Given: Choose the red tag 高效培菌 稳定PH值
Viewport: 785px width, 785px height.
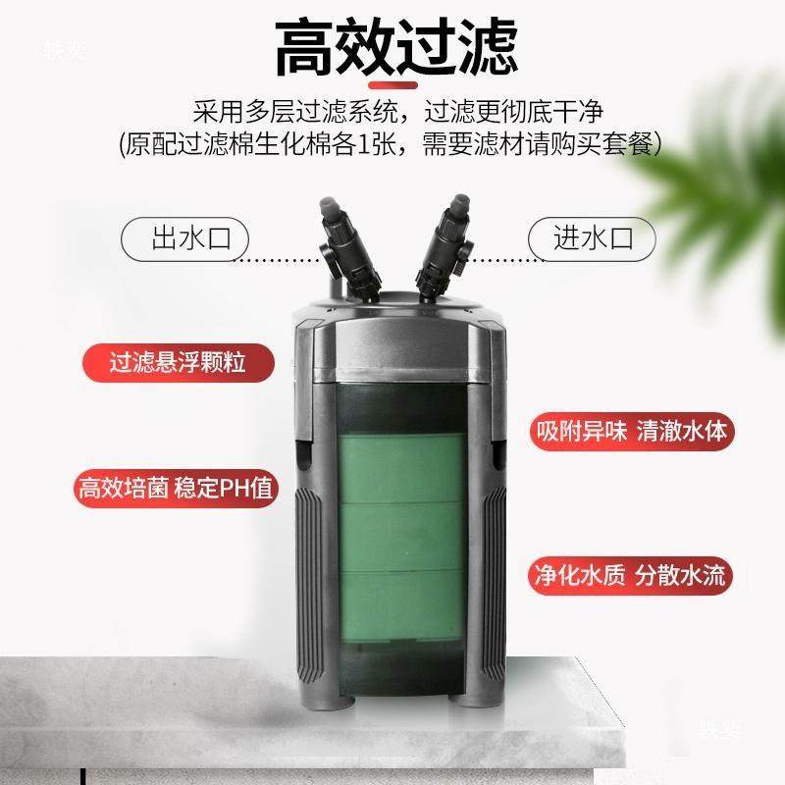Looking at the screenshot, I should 178,487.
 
